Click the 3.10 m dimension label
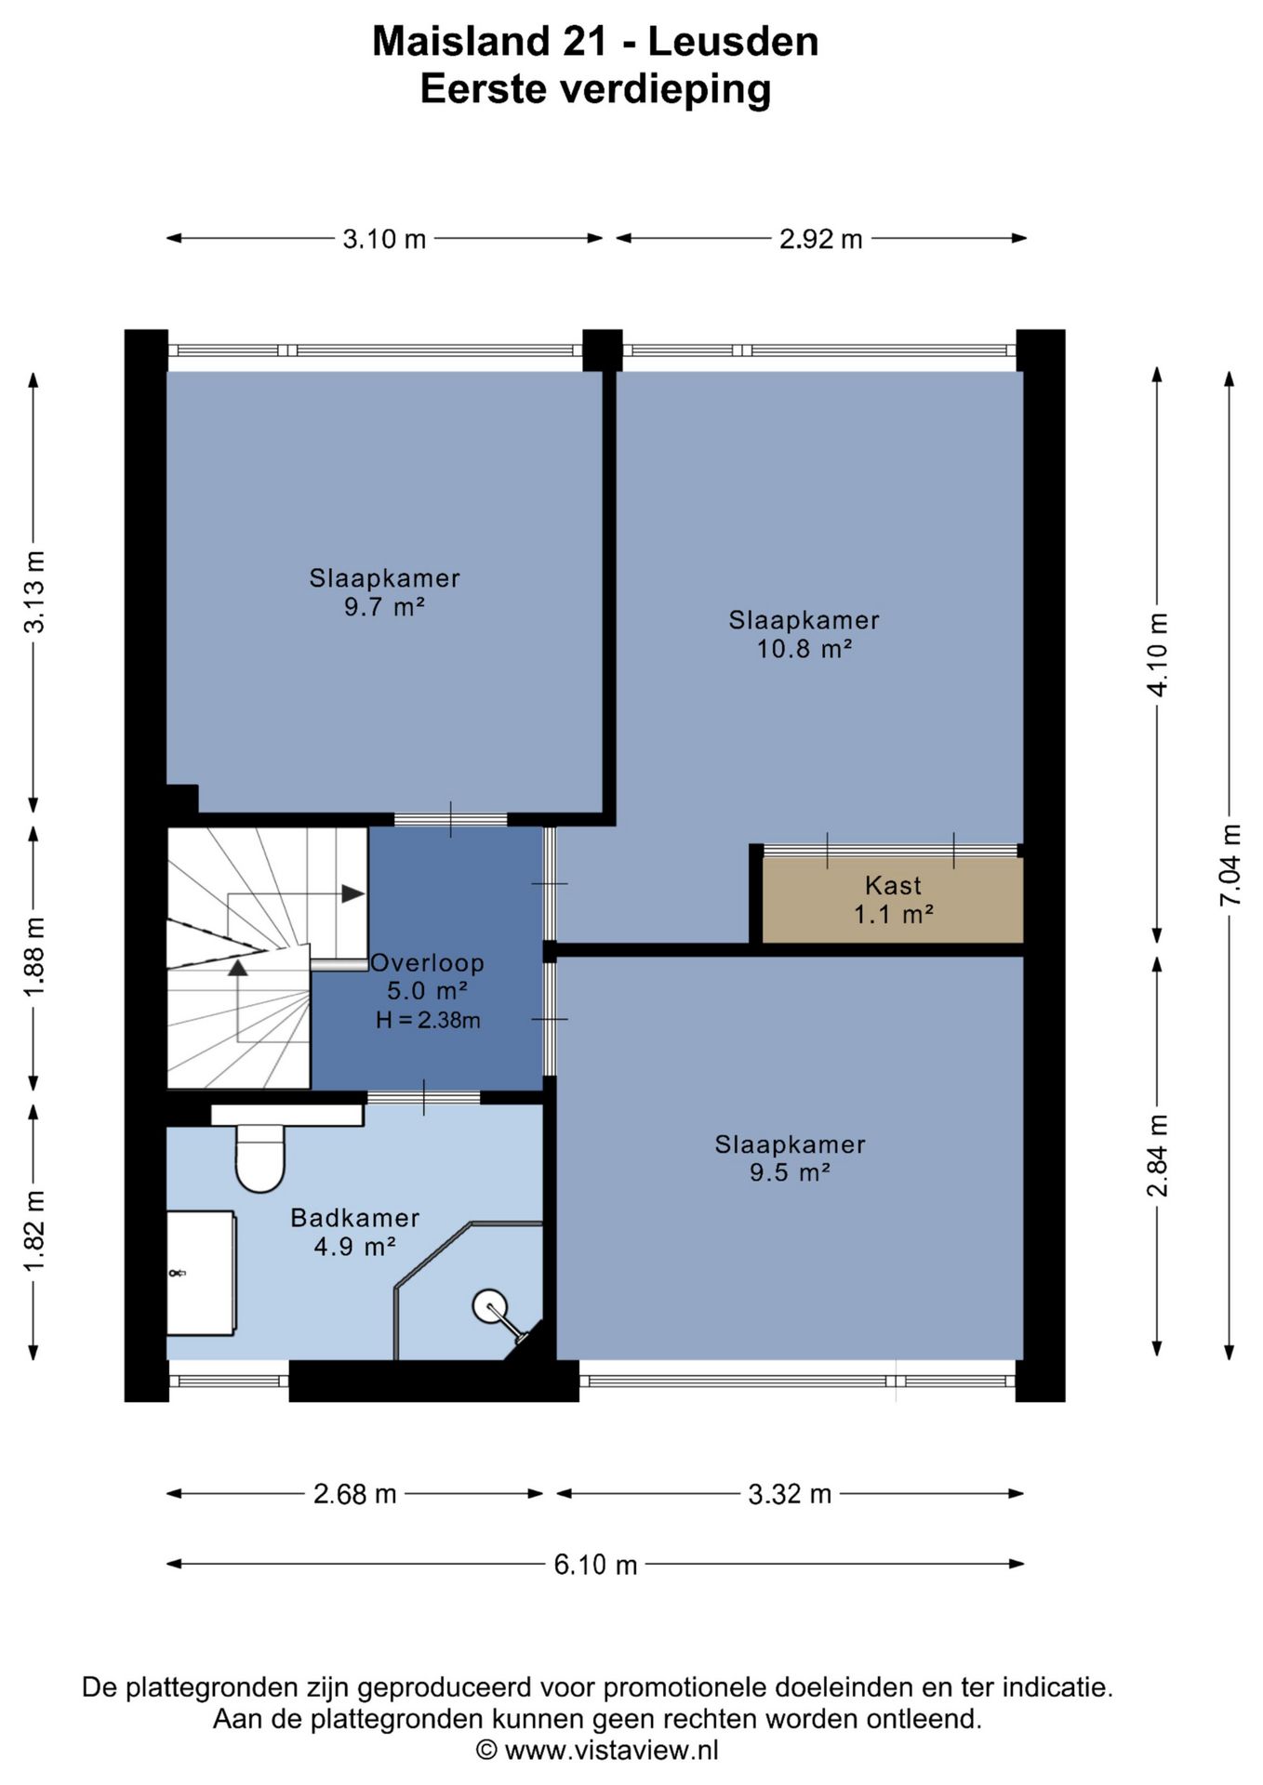tap(384, 240)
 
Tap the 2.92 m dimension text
tap(821, 240)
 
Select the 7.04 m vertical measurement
tap(1230, 865)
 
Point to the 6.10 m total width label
tap(595, 1565)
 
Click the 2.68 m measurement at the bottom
tap(355, 1494)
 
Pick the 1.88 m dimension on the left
tap(34, 957)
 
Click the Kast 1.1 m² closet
tap(893, 900)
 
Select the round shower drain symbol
tap(489, 1306)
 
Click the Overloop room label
tap(428, 963)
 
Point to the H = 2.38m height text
tap(428, 1020)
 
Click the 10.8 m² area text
tap(804, 649)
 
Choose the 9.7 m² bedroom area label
tap(385, 607)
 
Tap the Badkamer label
tap(355, 1218)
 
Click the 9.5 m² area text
tap(790, 1172)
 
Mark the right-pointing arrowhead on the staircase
tap(352, 893)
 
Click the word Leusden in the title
tap(733, 42)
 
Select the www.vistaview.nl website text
tap(612, 1751)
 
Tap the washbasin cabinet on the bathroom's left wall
tap(201, 1273)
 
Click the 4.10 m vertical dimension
tap(1158, 654)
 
